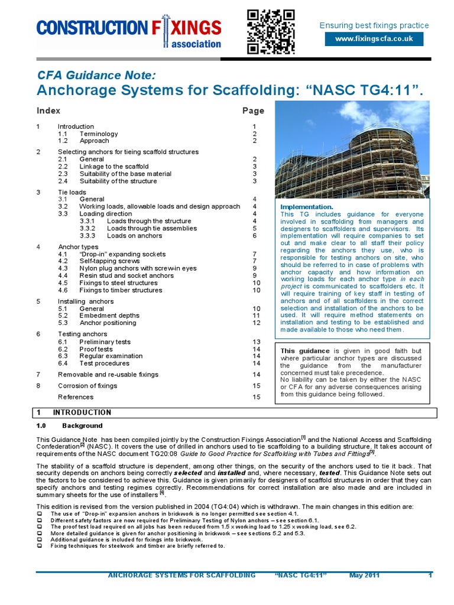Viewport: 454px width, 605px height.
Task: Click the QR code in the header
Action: (270, 31)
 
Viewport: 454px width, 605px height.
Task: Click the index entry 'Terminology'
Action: (99, 134)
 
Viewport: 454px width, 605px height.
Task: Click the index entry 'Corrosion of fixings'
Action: (87, 386)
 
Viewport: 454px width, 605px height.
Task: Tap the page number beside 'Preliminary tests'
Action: (257, 342)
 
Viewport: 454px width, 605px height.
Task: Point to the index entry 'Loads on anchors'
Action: (134, 236)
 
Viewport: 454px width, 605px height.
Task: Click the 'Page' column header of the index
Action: (253, 110)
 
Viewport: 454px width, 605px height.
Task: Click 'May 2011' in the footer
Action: (364, 575)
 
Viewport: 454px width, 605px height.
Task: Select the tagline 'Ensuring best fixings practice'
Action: (374, 25)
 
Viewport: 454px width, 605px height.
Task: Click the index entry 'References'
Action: (76, 397)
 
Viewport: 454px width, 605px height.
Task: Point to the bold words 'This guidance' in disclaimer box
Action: (306, 350)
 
